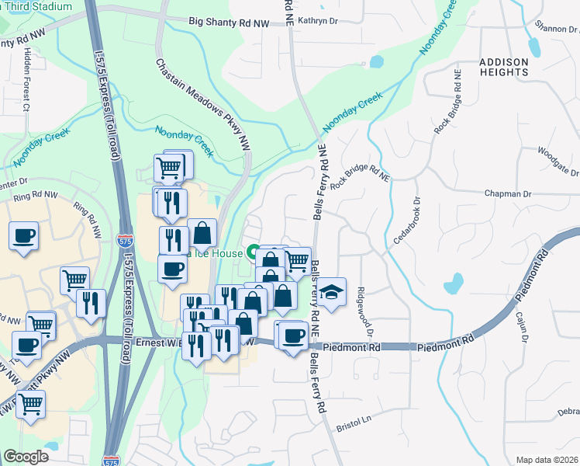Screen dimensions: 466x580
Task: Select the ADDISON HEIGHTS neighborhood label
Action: coord(504,67)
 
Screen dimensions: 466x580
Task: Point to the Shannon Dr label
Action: coord(556,29)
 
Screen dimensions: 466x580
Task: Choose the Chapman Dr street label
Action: coord(529,193)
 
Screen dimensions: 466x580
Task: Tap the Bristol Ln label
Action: coord(354,426)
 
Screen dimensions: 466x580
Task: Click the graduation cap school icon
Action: coord(331,292)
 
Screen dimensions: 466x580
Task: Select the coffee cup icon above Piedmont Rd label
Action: coord(294,336)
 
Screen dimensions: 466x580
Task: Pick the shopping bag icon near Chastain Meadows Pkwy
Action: coord(202,233)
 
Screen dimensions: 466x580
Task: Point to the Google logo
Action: coord(26,457)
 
